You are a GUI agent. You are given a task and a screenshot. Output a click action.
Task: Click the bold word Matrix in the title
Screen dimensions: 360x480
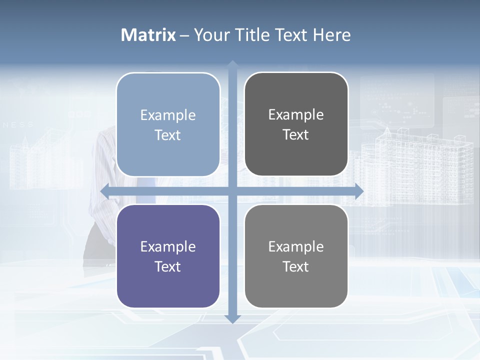point(148,35)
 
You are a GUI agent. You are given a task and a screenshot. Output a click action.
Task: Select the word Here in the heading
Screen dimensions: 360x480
point(331,35)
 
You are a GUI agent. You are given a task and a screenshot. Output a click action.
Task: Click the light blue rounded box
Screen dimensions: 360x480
point(168,124)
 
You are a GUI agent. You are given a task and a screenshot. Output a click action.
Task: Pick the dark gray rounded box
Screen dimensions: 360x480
point(296,124)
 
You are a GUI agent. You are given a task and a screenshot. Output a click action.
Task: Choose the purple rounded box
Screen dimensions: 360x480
point(168,256)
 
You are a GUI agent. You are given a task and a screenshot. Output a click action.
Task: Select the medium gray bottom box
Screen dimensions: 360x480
point(296,256)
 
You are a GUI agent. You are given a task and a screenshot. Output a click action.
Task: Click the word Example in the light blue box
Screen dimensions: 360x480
point(168,115)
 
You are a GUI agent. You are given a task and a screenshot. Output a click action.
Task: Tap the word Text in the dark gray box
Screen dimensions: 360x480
point(296,135)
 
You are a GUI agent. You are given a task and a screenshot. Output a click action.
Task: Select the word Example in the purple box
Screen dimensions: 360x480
point(168,246)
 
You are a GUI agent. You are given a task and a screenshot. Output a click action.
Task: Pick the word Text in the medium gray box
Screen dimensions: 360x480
point(296,266)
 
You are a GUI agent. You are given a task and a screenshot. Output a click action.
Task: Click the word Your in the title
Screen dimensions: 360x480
point(212,35)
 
